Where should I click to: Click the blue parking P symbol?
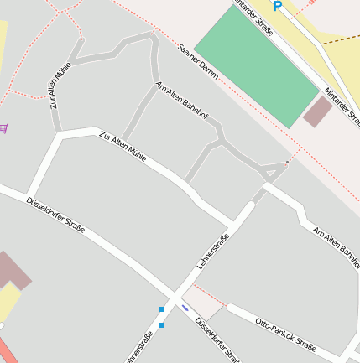[278, 6]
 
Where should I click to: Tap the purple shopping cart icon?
[3, 127]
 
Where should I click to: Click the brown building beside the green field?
[318, 111]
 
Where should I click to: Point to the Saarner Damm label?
[199, 62]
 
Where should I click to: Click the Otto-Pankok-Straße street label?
[285, 334]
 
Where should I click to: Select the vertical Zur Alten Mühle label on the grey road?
[59, 86]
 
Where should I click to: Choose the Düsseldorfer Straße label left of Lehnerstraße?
[56, 215]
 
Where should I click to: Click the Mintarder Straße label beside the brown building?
[342, 105]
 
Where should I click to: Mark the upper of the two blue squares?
[161, 309]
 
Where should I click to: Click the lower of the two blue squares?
[161, 324]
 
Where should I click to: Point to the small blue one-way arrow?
[185, 308]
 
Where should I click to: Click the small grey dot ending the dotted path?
[287, 161]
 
